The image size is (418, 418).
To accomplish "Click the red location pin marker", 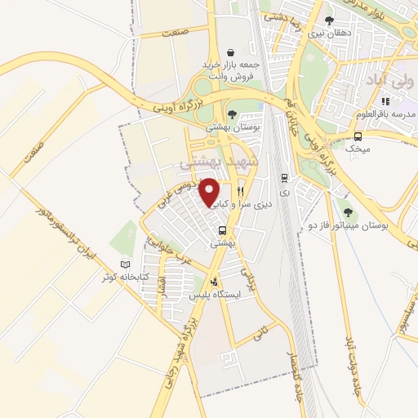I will tap(210, 193).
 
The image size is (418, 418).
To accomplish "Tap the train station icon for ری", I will tap(283, 177).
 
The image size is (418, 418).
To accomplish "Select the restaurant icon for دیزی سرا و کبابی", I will tap(240, 192).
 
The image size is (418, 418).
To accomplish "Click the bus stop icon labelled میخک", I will tap(358, 136).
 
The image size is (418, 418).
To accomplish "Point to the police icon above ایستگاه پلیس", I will tap(213, 281).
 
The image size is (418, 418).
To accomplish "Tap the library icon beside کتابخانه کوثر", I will tap(125, 265).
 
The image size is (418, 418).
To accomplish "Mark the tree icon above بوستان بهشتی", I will tap(232, 115).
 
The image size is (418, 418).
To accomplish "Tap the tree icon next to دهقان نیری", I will tap(329, 21).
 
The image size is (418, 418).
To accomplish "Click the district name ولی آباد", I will tap(378, 82).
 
